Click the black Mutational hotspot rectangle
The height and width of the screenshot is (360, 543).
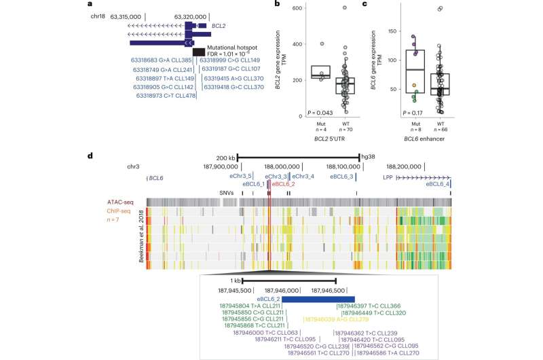click(199, 52)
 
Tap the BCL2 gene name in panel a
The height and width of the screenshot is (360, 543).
click(219, 25)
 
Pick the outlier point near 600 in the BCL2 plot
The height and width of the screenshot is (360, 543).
click(345, 7)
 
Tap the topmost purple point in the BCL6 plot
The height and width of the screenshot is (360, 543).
click(412, 36)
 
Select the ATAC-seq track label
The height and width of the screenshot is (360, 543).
click(120, 202)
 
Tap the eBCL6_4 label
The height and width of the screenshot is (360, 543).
click(438, 184)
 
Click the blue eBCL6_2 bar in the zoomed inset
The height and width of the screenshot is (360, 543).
click(318, 299)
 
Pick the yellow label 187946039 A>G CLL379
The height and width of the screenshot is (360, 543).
click(335, 318)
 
